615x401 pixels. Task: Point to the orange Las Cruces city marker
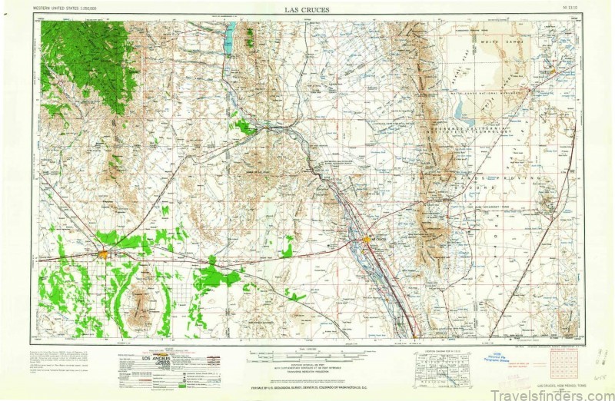tap(367, 240)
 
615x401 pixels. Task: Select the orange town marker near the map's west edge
tap(103, 253)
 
